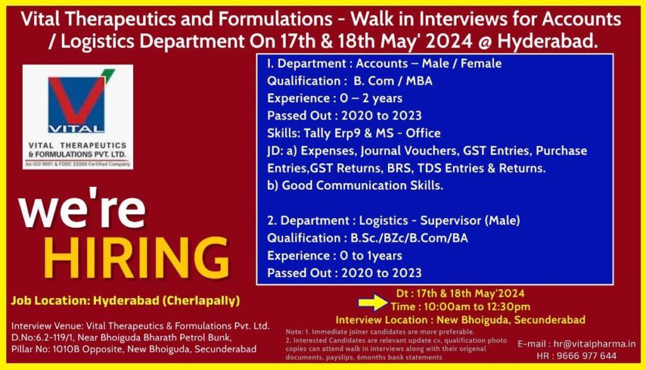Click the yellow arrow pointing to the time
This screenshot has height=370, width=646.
[x=373, y=302]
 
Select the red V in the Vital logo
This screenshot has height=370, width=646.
[x=76, y=98]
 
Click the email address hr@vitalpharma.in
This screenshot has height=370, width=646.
[x=594, y=343]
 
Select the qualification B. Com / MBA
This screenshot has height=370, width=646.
[x=392, y=81]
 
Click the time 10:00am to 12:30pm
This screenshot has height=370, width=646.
[x=477, y=306]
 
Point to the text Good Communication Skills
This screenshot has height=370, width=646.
[x=363, y=186]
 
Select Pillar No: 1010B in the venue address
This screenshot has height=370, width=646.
[x=47, y=349]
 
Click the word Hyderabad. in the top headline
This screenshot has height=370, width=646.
[x=548, y=41]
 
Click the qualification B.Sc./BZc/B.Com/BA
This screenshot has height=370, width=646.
[x=409, y=238]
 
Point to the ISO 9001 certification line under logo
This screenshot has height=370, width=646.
[x=78, y=164]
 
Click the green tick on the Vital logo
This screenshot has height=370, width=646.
[x=107, y=75]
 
